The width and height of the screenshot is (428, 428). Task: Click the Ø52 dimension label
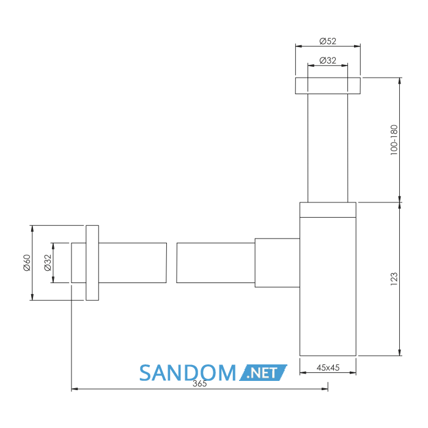click(x=328, y=41)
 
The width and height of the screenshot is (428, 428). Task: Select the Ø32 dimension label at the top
click(x=328, y=61)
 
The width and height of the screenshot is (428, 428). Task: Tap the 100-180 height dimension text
click(x=394, y=140)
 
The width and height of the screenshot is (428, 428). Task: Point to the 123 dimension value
click(x=394, y=279)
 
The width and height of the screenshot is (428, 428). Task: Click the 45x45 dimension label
click(x=328, y=367)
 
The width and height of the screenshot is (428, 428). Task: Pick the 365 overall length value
click(x=199, y=383)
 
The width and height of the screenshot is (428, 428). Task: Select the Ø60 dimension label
click(x=27, y=262)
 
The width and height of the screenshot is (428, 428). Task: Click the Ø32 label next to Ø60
click(x=48, y=262)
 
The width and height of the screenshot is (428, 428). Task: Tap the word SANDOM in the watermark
click(x=188, y=372)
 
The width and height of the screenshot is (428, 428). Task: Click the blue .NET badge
click(x=263, y=372)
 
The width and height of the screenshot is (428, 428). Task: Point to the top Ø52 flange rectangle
click(x=328, y=86)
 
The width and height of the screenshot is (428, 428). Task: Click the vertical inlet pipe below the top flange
click(x=328, y=148)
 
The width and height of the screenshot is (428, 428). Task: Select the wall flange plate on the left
click(x=92, y=263)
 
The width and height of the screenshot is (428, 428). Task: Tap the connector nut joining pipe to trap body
click(x=278, y=263)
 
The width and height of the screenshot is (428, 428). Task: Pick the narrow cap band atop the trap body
click(x=328, y=210)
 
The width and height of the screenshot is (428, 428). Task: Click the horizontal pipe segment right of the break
click(x=216, y=263)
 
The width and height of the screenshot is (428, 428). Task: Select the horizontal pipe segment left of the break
click(x=133, y=263)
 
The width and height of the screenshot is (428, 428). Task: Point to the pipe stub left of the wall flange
click(x=79, y=263)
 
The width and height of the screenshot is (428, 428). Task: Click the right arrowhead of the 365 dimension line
click(x=325, y=389)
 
